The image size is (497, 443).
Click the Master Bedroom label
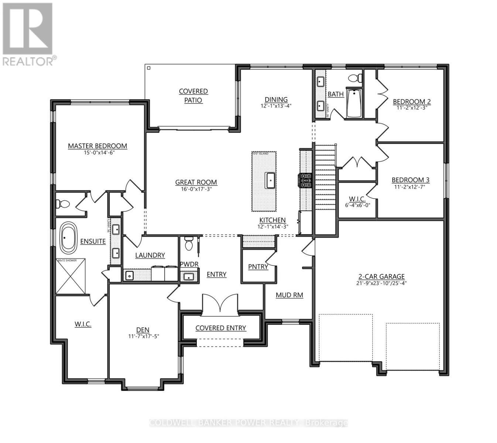click(x=97, y=146)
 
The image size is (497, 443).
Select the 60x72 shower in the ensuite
click(x=71, y=277)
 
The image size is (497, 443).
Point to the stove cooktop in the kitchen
click(x=306, y=181)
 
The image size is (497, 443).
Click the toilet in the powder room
click(x=189, y=244)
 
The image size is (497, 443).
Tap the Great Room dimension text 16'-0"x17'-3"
click(x=196, y=189)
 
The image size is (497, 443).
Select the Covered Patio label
click(x=193, y=96)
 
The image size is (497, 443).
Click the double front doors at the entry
click(x=220, y=303)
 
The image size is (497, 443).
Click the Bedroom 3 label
click(x=410, y=180)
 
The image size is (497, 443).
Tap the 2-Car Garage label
click(x=381, y=276)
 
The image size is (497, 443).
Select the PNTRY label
click(x=258, y=267)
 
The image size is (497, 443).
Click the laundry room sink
click(x=129, y=275)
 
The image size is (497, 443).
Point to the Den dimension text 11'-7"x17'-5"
click(x=143, y=336)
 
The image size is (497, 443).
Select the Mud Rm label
click(x=289, y=295)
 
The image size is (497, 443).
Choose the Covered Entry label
click(x=220, y=328)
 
